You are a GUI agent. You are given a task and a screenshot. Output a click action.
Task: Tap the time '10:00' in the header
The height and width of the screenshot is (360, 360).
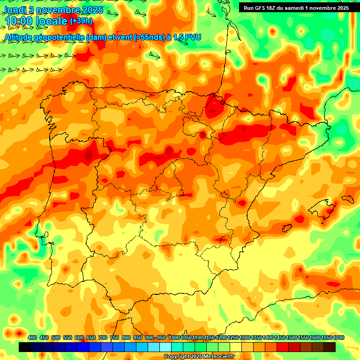click(x=19, y=21)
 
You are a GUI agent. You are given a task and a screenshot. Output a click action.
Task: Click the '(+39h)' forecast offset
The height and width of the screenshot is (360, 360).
click(x=82, y=21)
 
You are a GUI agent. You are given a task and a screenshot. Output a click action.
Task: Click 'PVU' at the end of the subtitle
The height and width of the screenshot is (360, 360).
click(x=193, y=37)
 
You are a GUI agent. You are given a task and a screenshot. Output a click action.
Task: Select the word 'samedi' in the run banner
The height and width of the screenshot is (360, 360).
click(x=300, y=7)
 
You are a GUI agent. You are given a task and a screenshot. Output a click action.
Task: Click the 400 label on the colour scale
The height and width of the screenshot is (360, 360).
click(x=32, y=338)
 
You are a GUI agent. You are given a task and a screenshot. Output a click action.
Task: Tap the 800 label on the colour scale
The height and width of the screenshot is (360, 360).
click(x=126, y=338)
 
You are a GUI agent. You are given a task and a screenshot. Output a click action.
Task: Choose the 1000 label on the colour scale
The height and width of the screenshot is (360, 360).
click(x=174, y=338)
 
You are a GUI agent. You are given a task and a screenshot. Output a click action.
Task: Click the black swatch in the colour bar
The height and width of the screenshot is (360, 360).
click(x=25, y=347)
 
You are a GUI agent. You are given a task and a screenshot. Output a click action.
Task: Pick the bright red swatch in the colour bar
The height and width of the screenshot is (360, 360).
click(x=283, y=347)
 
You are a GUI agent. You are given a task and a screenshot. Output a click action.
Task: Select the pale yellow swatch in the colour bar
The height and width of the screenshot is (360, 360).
click(x=236, y=347)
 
